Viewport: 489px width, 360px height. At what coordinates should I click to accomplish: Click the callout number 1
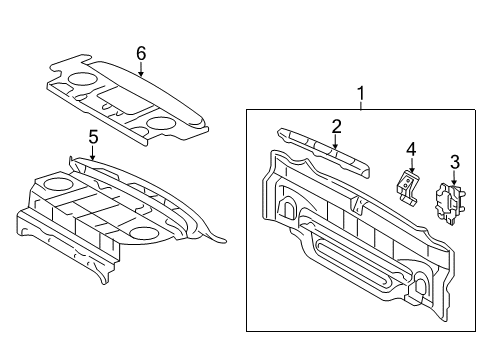[361, 93]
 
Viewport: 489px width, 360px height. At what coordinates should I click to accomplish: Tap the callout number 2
[336, 127]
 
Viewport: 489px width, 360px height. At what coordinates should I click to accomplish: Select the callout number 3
[455, 162]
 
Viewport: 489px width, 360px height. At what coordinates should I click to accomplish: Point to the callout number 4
[411, 149]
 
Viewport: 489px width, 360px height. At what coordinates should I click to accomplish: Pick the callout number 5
[93, 137]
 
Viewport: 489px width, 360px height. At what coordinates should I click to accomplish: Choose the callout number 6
[141, 53]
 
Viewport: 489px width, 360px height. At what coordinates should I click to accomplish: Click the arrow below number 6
[141, 70]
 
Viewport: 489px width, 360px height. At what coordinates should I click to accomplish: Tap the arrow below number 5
[93, 153]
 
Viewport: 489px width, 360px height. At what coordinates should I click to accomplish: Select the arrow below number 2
[335, 142]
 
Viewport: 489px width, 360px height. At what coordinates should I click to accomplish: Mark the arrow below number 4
[412, 165]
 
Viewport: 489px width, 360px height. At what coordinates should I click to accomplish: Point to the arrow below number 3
[454, 178]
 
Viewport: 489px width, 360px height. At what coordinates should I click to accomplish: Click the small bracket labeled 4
[407, 186]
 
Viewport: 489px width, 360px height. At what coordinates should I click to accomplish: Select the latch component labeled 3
[450, 202]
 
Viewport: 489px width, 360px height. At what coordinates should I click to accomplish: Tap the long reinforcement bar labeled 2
[323, 152]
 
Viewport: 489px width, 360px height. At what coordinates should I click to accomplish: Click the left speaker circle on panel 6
[82, 79]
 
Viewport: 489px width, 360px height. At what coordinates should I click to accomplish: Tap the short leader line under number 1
[361, 105]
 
